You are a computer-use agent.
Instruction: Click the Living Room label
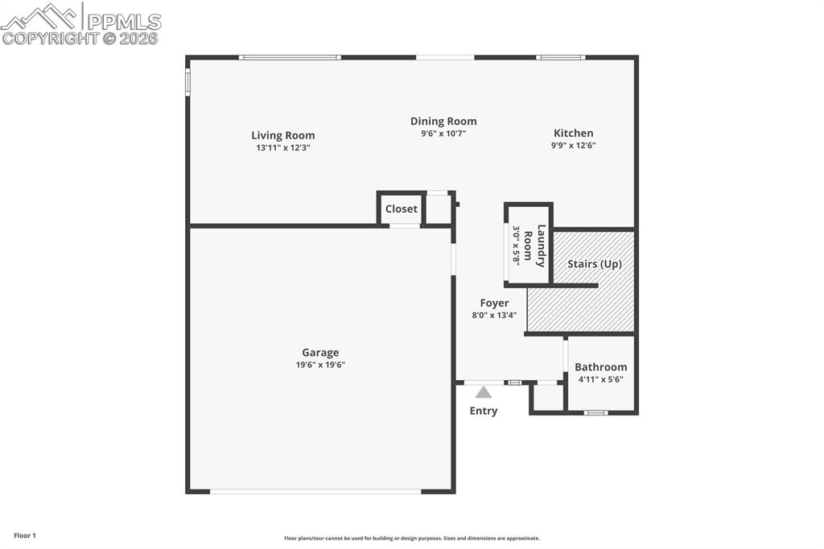[x=283, y=135]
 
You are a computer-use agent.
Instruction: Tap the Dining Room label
[x=443, y=122]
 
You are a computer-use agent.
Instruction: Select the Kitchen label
[x=574, y=133]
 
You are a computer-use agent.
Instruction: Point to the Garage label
[x=320, y=352]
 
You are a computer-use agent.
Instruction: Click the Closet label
[x=401, y=208]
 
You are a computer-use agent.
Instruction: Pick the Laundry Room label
[x=534, y=245]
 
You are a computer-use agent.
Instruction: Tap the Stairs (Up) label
[x=595, y=263]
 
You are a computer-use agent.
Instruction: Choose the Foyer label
[x=494, y=303]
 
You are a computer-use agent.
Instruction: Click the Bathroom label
[x=600, y=367]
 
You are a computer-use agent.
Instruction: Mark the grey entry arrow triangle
[x=483, y=393]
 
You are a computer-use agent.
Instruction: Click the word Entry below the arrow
[x=484, y=411]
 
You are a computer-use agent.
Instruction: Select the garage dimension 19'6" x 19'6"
[x=320, y=365]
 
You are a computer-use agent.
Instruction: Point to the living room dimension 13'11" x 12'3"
[x=283, y=148]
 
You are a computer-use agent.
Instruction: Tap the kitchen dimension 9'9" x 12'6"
[x=574, y=146]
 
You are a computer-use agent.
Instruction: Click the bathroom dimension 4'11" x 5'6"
[x=600, y=379]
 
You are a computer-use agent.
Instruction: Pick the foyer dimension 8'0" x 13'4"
[x=494, y=316]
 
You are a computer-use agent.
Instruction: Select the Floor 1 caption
[x=25, y=535]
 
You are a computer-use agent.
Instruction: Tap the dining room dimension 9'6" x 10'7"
[x=443, y=134]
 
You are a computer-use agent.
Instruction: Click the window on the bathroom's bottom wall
[x=595, y=413]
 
